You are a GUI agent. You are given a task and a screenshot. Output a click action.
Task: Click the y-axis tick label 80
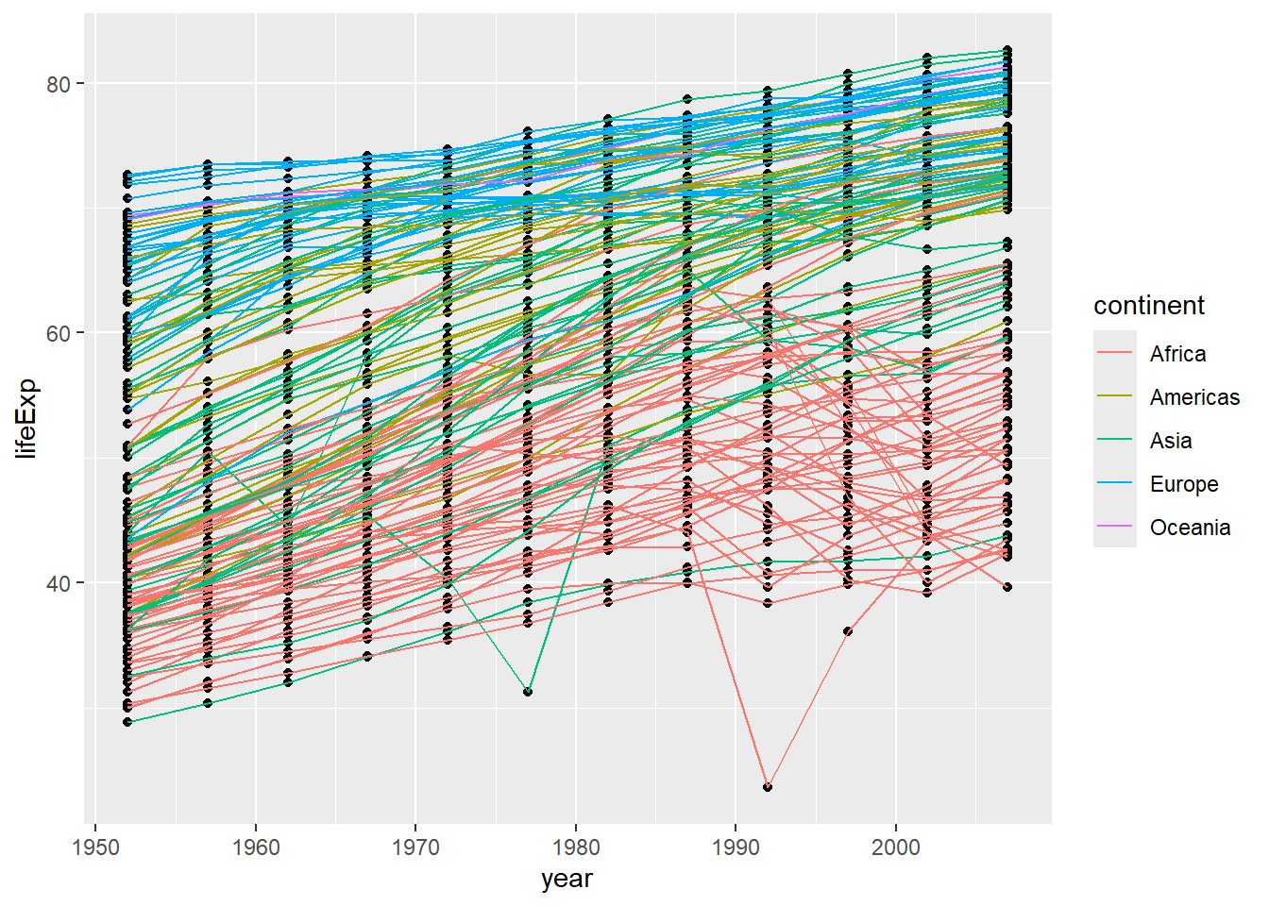[59, 84]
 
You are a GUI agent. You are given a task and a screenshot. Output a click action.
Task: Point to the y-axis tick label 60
[59, 333]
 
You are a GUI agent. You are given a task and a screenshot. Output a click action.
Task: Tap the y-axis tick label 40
[59, 583]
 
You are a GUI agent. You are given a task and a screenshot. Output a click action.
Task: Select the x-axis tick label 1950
[95, 847]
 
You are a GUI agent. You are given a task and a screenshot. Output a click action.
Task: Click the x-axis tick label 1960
[256, 847]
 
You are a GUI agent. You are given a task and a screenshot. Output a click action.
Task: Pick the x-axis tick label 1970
[415, 847]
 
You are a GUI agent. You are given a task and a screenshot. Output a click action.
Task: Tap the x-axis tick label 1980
[576, 847]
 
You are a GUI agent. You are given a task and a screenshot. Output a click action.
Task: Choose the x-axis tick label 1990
[736, 847]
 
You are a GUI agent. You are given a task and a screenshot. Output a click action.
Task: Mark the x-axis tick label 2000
[896, 847]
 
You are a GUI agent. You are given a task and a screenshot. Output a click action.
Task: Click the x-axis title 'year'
[567, 879]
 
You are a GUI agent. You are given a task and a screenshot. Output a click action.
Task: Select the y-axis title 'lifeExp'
[26, 418]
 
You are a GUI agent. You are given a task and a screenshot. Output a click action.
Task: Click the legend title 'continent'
[1149, 306]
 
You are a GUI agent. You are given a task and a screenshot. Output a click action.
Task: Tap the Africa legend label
[1177, 354]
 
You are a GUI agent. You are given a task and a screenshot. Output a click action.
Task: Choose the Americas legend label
[1194, 397]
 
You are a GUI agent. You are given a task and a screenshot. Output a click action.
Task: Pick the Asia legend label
[1171, 441]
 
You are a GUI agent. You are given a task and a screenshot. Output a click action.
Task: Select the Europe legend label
[1184, 484]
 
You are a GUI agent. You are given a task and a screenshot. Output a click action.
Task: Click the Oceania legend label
[1190, 528]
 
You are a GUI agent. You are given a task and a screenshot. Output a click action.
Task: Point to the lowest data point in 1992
[768, 786]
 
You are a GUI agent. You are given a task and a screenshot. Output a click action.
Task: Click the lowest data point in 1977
[528, 692]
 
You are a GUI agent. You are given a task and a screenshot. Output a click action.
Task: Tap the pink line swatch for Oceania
[1115, 528]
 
